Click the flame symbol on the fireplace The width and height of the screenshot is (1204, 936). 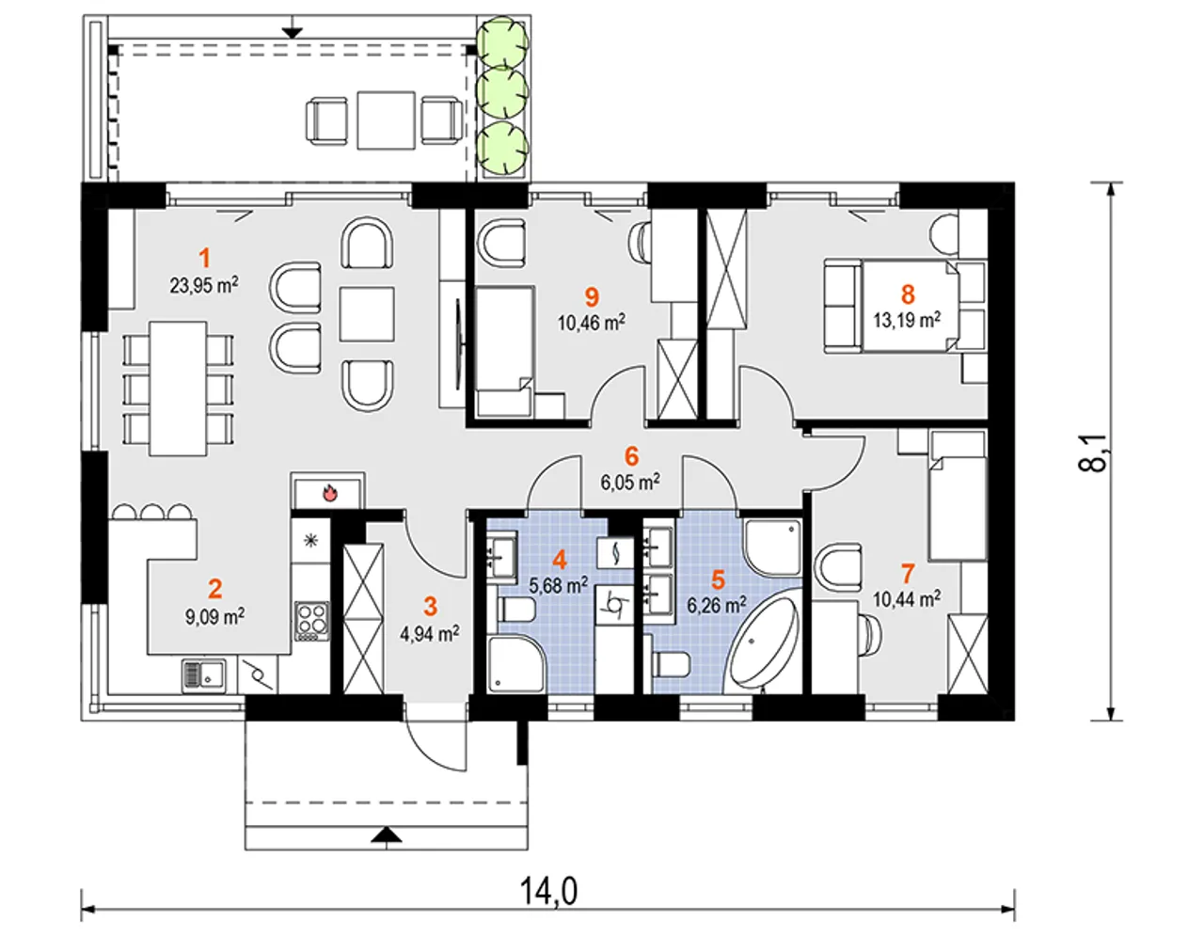point(329,492)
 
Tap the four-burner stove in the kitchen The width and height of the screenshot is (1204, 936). point(312,621)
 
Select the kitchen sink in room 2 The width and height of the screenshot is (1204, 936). point(203,675)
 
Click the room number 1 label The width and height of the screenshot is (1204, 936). point(205,258)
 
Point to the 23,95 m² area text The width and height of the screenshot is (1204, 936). point(204,286)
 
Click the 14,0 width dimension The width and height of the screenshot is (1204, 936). point(548,892)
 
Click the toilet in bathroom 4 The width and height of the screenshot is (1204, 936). point(516,611)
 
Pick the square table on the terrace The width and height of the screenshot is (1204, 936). point(387,120)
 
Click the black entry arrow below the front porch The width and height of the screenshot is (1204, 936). point(387,835)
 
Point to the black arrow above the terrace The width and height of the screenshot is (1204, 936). point(292,32)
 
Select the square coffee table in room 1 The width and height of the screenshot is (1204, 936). point(367,314)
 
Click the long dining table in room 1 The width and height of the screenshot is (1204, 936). point(178,389)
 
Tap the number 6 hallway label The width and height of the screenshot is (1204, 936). point(631,457)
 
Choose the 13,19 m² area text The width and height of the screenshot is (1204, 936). point(907,320)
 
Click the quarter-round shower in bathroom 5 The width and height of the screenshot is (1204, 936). point(773,547)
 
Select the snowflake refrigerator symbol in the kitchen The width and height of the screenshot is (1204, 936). point(310,540)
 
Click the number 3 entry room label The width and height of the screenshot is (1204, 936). point(430,607)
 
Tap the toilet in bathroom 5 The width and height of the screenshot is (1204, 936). point(672,665)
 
